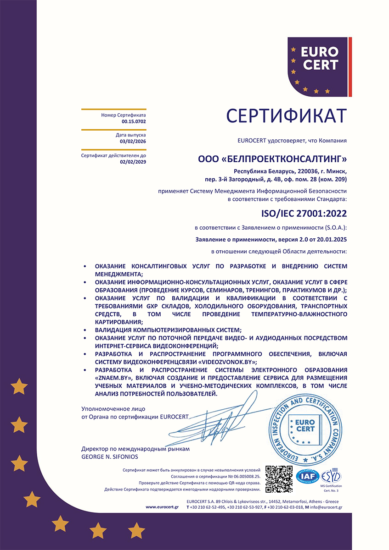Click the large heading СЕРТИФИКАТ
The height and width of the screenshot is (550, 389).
287,116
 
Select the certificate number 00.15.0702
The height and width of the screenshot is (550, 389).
134,121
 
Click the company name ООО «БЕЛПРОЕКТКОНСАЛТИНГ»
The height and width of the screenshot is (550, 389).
272,159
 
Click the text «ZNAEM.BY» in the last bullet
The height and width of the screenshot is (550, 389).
113,378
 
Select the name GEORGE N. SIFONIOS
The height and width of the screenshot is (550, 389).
109,457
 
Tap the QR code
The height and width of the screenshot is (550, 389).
279,479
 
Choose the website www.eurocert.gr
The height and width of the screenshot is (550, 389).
162,507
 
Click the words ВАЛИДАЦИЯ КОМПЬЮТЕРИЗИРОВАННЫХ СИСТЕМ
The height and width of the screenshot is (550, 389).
168,330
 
